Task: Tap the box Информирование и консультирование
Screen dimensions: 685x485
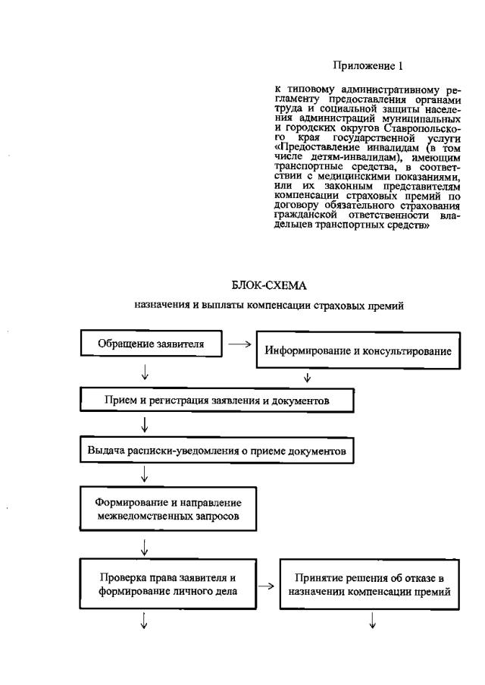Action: pos(358,351)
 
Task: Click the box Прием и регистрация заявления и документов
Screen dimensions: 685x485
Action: pos(217,399)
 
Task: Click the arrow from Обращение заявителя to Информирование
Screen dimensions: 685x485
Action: pos(239,344)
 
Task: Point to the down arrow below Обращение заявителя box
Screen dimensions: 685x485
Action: pos(144,372)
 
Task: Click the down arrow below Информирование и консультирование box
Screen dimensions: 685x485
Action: pos(307,377)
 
